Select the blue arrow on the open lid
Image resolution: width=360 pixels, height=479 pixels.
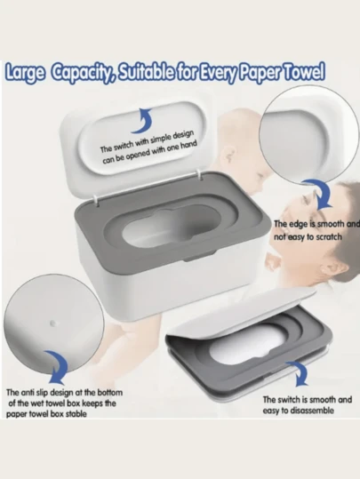point(142,120)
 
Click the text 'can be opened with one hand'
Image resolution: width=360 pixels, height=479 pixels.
point(149,152)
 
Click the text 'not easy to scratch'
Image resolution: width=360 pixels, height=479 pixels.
point(308,236)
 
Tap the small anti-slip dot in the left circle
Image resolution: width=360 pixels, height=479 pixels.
point(52,323)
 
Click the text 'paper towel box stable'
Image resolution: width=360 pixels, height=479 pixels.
point(46,414)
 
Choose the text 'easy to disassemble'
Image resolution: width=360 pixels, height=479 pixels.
point(298,411)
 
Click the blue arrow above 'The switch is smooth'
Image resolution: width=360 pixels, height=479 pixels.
point(299,373)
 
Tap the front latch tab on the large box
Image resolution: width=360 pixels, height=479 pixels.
point(200,257)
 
